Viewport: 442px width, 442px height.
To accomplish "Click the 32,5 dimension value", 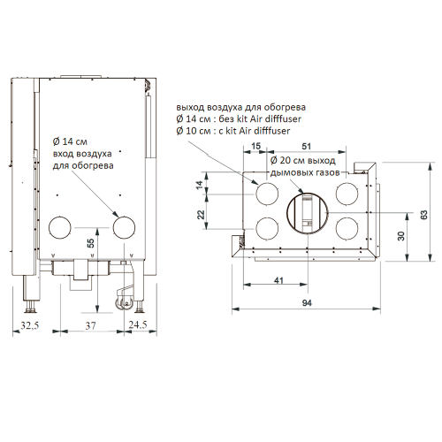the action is (30, 325).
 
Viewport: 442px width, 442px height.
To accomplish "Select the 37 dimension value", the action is (90, 325).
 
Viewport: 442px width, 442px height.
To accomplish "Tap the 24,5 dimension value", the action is (138, 324).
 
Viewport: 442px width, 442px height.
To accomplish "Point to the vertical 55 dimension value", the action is (91, 243).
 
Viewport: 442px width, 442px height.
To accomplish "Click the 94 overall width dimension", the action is (307, 302).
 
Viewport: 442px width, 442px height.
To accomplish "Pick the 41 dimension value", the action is (278, 280).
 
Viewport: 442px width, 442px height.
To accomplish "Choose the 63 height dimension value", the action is (424, 215).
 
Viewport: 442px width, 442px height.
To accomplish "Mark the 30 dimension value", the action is (401, 236).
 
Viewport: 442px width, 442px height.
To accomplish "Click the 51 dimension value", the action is (307, 146).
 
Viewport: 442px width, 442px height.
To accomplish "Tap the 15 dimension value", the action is (256, 146).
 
